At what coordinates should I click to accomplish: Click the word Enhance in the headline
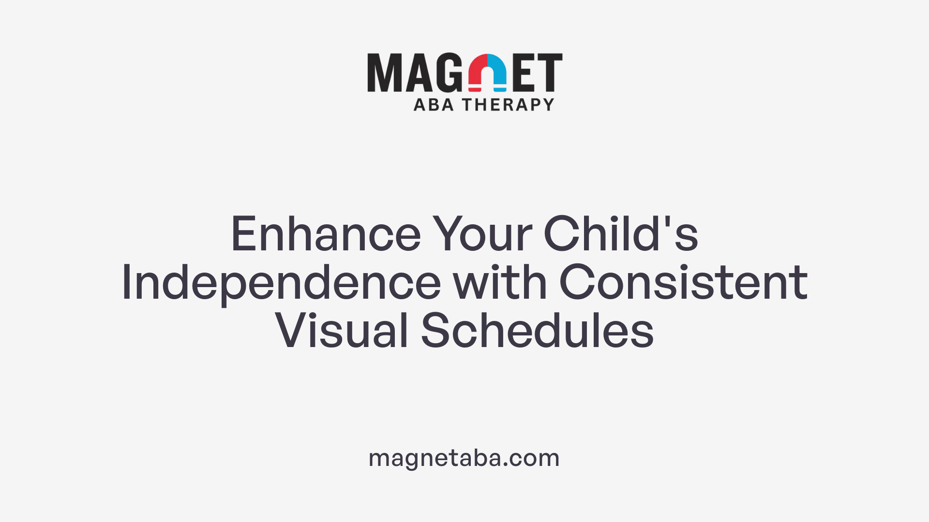point(326,234)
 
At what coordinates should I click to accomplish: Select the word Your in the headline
point(482,234)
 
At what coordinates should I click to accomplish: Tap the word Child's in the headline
point(621,234)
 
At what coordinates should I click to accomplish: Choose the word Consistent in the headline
point(683,283)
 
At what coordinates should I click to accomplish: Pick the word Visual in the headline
point(342,331)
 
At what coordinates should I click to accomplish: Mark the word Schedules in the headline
point(537,331)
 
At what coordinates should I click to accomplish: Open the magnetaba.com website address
point(464,458)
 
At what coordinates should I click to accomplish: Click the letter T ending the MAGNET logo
point(550,72)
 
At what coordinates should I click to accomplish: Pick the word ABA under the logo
point(434,105)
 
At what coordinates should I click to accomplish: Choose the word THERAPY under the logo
point(508,105)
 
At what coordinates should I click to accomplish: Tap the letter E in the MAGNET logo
point(524,72)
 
